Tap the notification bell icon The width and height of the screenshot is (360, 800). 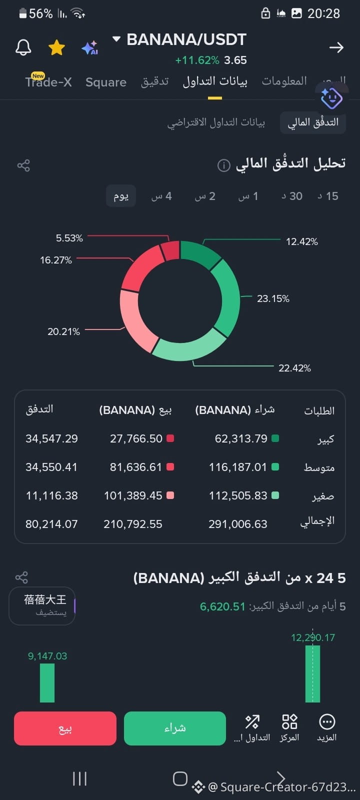(x=23, y=47)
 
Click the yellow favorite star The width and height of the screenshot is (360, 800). (x=56, y=47)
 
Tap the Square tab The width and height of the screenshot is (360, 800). (x=105, y=82)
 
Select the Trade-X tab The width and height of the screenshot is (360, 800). (x=48, y=82)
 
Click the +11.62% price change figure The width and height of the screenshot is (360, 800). (x=197, y=60)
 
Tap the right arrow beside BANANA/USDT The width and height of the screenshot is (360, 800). (x=336, y=47)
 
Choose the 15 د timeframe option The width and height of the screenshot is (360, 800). (x=328, y=196)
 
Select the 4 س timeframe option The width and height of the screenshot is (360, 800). (x=161, y=196)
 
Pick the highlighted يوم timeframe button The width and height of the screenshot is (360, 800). (x=121, y=195)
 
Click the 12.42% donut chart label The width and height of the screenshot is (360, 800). (x=302, y=242)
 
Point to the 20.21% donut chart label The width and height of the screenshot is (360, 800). (x=63, y=331)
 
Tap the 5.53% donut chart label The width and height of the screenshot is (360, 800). (x=69, y=238)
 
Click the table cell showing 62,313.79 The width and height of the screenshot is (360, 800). (x=241, y=438)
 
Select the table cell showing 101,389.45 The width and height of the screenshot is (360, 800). (x=133, y=495)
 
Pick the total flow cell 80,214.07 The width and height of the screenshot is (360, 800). (x=51, y=524)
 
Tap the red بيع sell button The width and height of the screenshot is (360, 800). (x=65, y=728)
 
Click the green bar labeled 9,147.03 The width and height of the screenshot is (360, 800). (x=47, y=683)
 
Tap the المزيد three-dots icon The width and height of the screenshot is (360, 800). (x=327, y=722)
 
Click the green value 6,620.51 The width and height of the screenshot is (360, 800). (x=222, y=606)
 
